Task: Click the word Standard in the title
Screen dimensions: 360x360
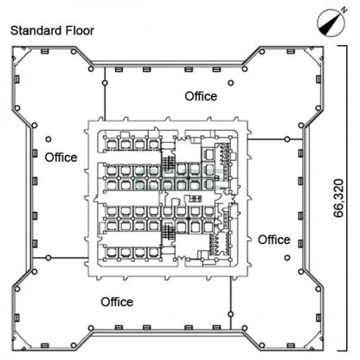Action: (x=36, y=30)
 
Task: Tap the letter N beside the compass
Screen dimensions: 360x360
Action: (x=343, y=10)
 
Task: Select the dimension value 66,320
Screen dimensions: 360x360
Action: (x=339, y=198)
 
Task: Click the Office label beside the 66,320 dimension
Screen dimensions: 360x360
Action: (x=274, y=240)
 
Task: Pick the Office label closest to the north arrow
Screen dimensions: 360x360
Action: (x=201, y=96)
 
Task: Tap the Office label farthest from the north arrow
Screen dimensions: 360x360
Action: (x=117, y=302)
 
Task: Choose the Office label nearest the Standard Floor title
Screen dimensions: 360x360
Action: (x=61, y=157)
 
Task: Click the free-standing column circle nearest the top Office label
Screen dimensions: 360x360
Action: (x=231, y=83)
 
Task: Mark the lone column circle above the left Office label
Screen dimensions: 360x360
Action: (x=48, y=139)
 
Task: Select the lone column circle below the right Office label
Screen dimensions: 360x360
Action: (x=287, y=258)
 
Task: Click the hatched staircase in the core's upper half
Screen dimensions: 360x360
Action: (x=168, y=163)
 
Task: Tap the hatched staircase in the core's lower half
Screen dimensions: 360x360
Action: (x=168, y=232)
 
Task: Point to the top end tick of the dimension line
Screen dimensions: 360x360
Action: (x=342, y=46)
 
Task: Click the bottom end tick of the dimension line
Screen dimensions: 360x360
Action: (x=342, y=351)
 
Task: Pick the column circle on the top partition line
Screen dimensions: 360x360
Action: (x=105, y=83)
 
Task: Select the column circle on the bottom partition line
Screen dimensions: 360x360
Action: (x=231, y=314)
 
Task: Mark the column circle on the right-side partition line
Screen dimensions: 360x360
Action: (x=287, y=139)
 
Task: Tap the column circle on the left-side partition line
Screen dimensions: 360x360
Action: (x=48, y=258)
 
